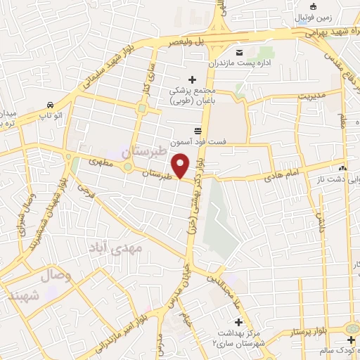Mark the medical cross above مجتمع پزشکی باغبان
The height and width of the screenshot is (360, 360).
click(x=192, y=79)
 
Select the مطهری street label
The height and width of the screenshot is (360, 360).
click(x=101, y=162)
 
